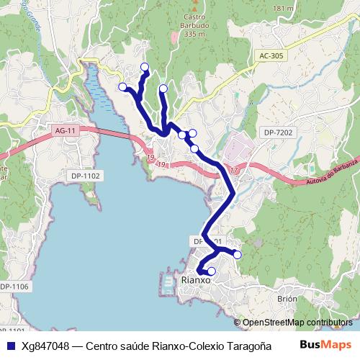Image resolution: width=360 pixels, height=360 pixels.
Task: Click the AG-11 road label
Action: point(66,130)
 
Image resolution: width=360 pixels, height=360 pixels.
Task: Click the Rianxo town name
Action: point(197,279)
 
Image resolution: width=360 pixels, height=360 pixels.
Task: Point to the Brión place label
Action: point(287,298)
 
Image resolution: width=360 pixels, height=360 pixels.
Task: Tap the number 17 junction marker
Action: point(235,170)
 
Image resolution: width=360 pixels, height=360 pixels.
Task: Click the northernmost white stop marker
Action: point(145,67)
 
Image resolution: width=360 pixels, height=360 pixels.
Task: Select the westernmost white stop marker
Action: point(122,87)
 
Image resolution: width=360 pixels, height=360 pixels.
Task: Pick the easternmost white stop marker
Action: point(238,254)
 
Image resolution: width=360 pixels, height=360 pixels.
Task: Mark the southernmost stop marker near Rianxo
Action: point(211,271)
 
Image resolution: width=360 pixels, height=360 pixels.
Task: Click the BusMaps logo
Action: point(325,345)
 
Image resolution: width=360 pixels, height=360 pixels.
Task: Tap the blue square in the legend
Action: point(9,346)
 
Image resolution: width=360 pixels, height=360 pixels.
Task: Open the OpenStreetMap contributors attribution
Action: point(297,323)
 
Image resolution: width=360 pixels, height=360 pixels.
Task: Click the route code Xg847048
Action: point(45,346)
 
